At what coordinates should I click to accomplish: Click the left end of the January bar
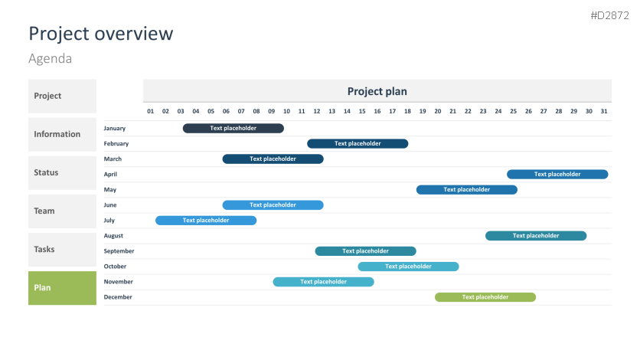click(x=183, y=128)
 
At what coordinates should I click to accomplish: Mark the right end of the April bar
click(x=608, y=175)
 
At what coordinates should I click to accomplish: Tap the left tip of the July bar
click(x=155, y=221)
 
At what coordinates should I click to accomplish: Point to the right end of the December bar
click(x=536, y=297)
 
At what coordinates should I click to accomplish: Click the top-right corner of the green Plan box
click(x=96, y=271)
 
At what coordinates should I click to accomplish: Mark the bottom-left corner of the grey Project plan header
click(x=143, y=102)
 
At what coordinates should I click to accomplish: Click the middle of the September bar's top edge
click(x=366, y=247)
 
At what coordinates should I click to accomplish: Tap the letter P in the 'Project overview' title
click(x=34, y=34)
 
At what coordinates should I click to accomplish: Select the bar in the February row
click(x=358, y=144)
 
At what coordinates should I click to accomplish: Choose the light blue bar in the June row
click(x=273, y=205)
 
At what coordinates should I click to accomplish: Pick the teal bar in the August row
click(x=536, y=236)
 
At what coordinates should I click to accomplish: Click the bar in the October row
click(x=408, y=267)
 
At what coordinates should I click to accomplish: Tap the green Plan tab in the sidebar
click(x=62, y=288)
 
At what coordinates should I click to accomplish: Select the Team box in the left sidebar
click(x=62, y=211)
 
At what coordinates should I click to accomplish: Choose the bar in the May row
click(x=467, y=190)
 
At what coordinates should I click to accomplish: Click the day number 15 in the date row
click(x=362, y=111)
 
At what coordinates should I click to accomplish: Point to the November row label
click(x=119, y=282)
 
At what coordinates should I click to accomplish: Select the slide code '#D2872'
click(x=610, y=15)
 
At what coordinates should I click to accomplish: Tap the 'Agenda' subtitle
click(x=51, y=59)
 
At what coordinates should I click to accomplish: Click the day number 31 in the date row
click(x=604, y=111)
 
